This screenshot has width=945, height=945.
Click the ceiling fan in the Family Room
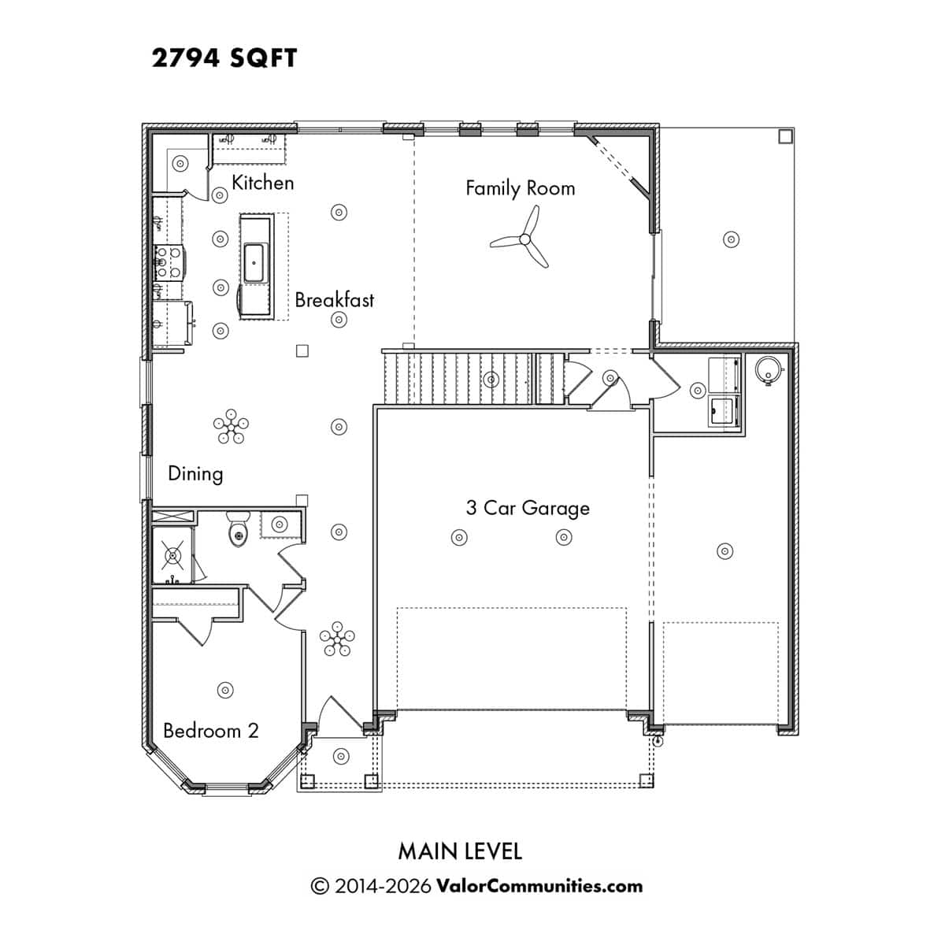click(524, 239)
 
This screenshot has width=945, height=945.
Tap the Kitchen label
click(262, 183)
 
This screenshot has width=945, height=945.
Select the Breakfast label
click(334, 299)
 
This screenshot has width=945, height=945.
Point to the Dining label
click(195, 474)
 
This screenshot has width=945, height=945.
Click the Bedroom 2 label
click(211, 731)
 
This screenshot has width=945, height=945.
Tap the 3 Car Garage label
click(528, 509)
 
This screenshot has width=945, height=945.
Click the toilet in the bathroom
click(239, 530)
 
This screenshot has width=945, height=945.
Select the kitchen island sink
click(254, 263)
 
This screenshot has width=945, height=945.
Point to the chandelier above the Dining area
click(231, 426)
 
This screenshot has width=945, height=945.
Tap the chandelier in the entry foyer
click(337, 639)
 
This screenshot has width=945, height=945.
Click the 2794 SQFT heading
click(224, 57)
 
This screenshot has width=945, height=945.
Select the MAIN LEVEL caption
click(460, 851)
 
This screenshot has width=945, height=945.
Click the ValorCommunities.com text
click(539, 886)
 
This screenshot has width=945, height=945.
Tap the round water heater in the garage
click(768, 369)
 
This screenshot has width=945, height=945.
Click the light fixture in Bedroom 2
click(225, 690)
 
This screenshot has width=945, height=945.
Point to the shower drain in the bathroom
click(172, 555)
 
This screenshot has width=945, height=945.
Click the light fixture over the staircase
click(491, 379)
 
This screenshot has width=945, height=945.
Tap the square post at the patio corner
click(786, 135)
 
